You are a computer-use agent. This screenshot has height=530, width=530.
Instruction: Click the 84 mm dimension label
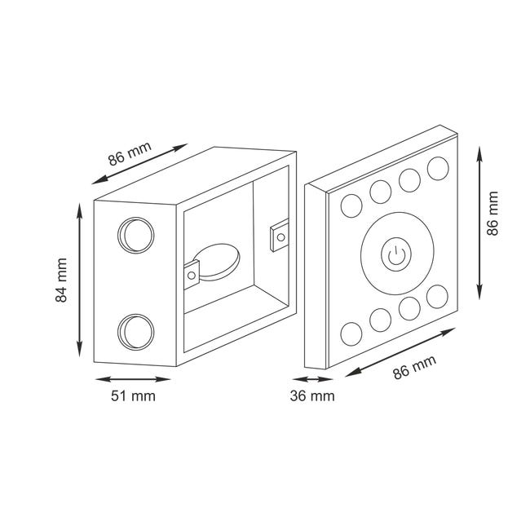61,280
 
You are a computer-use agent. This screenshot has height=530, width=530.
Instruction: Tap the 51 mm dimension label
133,396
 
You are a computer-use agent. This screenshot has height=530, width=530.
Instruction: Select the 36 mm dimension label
312,396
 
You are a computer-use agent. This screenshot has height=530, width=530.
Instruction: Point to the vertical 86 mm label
492,214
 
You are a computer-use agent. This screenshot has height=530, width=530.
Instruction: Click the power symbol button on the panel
396,254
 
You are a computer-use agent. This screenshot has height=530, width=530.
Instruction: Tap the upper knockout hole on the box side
136,236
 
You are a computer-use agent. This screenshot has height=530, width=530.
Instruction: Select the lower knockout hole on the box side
136,332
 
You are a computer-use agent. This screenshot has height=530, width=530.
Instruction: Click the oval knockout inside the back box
217,262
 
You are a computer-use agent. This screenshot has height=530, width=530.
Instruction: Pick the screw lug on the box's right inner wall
279,236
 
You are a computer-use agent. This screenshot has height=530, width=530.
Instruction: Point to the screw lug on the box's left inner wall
192,275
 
